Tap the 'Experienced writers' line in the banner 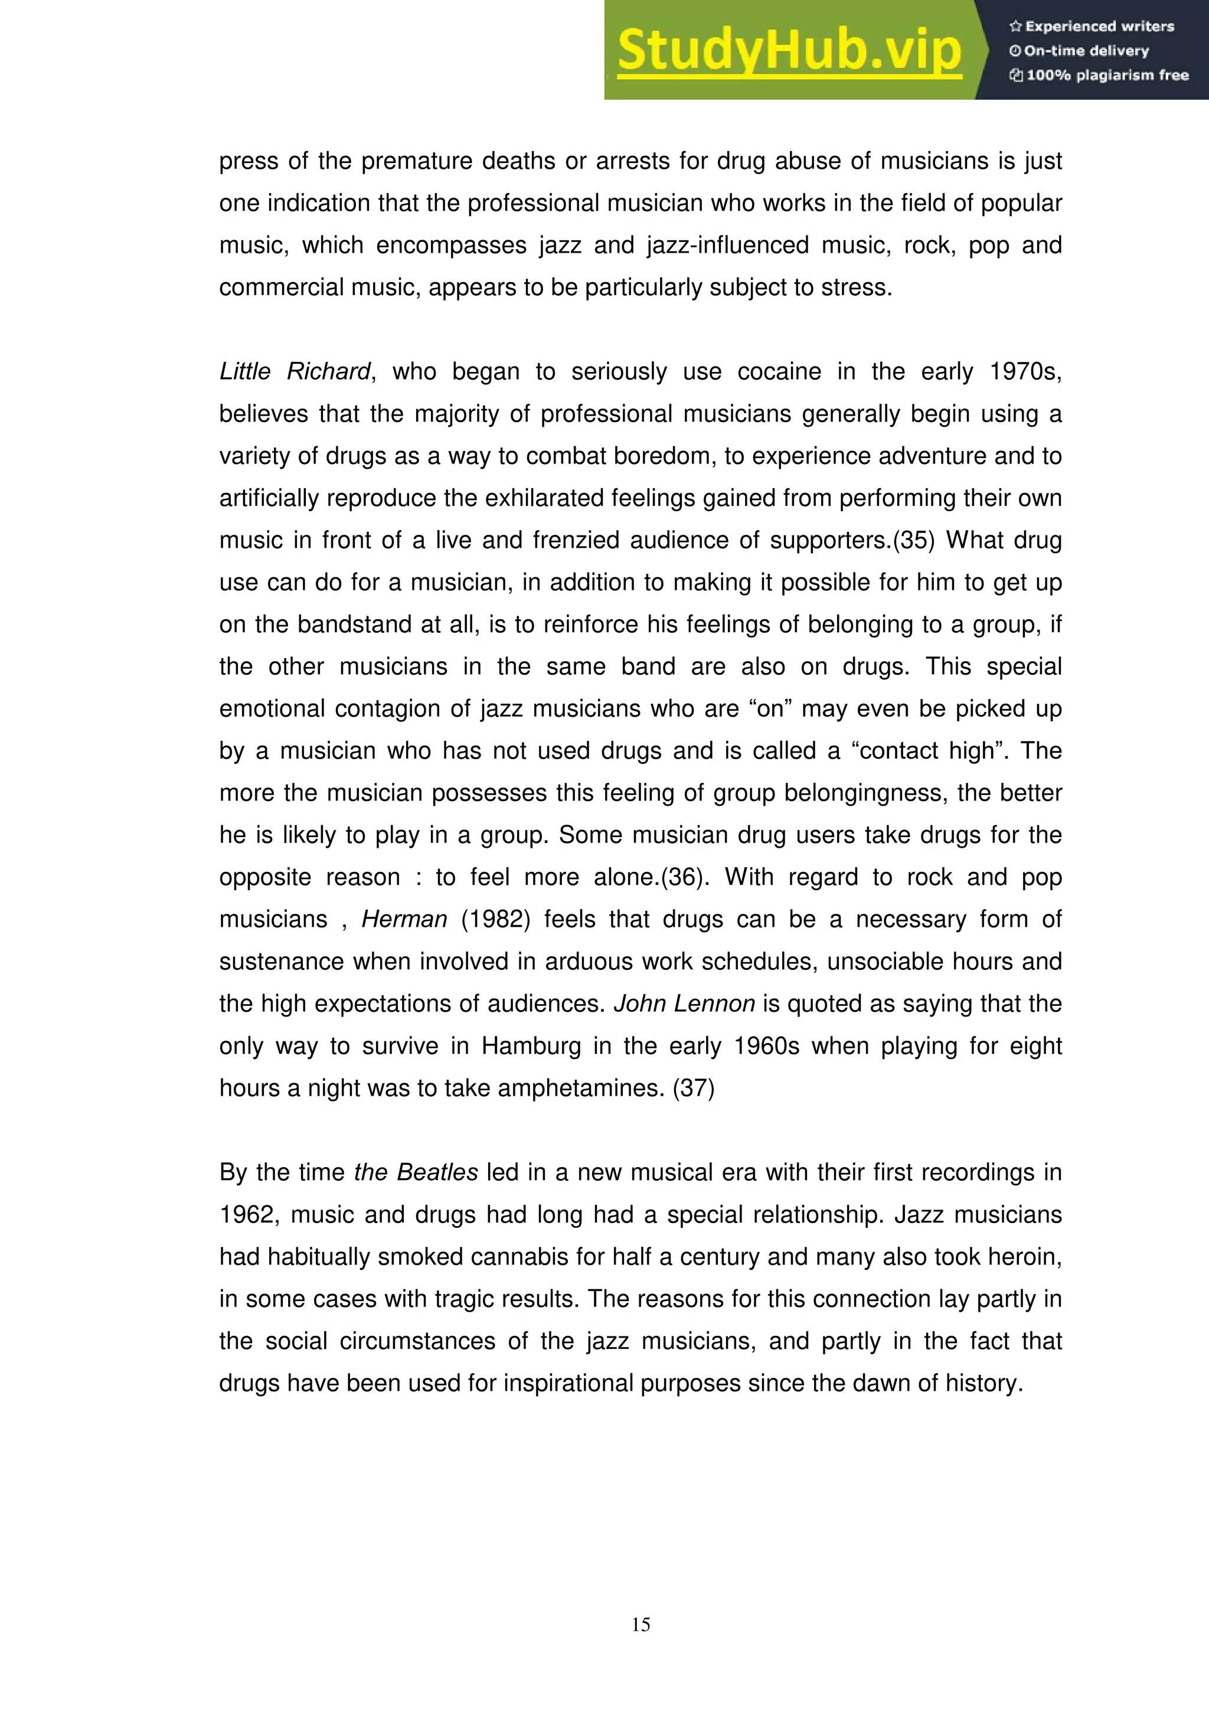[1092, 26]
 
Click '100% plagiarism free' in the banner [1100, 75]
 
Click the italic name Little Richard [294, 371]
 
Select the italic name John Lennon [684, 1004]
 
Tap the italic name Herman [404, 919]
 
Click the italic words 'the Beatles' [416, 1172]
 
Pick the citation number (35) [913, 540]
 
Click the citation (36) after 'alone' [682, 877]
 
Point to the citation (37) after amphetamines [693, 1088]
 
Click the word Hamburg [531, 1046]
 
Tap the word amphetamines [581, 1088]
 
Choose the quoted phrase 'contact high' [927, 751]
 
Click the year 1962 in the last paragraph [248, 1215]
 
